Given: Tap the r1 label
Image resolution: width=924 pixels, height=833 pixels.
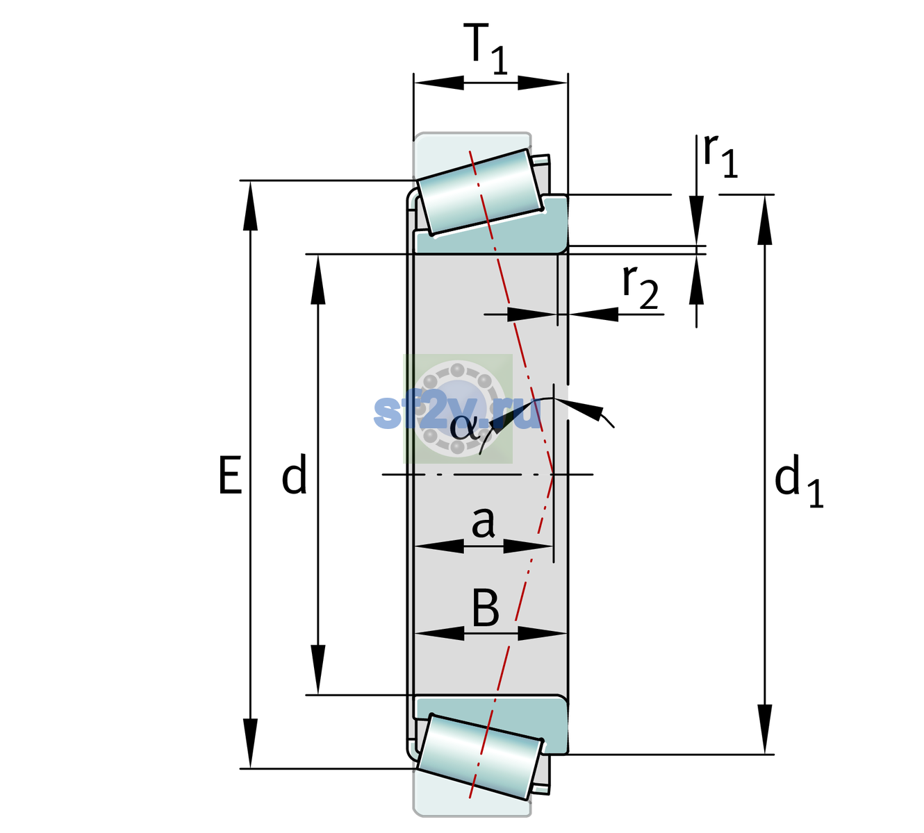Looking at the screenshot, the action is [720, 155].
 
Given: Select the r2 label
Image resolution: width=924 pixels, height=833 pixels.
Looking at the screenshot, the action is [641, 287].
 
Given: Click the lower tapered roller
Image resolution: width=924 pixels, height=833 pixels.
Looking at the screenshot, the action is [479, 757].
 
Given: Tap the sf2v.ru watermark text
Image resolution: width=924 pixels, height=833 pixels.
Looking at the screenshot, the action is [457, 413].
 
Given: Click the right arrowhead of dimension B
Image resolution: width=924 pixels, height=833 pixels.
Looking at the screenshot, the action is [542, 634].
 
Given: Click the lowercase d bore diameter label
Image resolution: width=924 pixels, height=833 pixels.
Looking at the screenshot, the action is [294, 474].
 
